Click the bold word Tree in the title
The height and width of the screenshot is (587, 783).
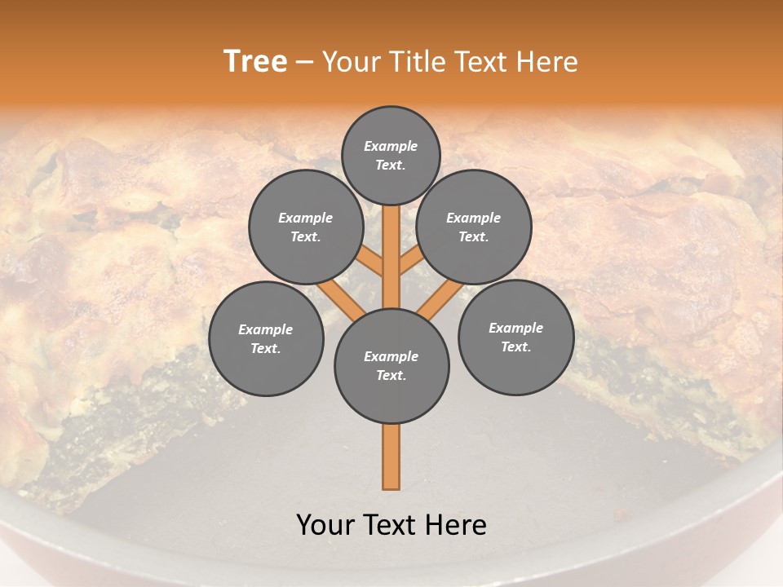255,62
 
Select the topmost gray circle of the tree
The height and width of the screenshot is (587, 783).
391,155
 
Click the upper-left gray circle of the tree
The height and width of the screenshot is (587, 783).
305,227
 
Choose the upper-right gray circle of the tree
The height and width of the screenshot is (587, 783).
474,227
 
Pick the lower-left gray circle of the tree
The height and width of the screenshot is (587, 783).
266,338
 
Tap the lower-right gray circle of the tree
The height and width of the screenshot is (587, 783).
515,337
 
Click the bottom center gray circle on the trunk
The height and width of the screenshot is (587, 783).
391,365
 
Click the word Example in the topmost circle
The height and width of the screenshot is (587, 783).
391,146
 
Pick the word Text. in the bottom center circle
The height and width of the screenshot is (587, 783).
391,375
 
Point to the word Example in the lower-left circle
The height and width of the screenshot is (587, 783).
265,329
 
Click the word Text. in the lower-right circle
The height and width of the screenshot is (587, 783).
515,346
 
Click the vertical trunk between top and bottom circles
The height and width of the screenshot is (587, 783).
391,253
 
